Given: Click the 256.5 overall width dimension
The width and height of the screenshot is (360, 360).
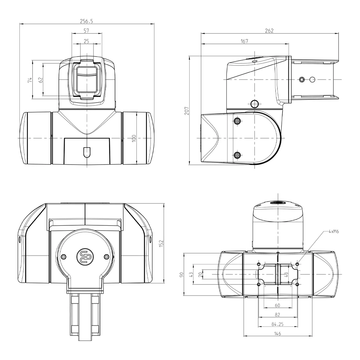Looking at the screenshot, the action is coord(86,21).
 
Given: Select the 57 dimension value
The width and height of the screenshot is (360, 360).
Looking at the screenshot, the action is coord(86,31).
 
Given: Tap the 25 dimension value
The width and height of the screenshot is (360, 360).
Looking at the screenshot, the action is coord(86,41).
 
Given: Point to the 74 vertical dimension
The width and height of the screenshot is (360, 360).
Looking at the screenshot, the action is coord(30,80).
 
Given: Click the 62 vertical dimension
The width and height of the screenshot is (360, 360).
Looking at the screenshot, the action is coord(41,80).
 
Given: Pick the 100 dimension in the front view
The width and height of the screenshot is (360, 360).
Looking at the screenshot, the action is coord(134,138).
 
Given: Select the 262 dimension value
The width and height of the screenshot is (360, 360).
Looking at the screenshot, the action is coord(269,31).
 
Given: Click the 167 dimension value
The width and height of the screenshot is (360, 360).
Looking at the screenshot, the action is coord(244,41).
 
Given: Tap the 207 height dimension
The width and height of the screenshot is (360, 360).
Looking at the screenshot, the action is coord(186,111).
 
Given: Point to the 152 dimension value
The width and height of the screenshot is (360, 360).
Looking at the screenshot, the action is coord(161,243).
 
